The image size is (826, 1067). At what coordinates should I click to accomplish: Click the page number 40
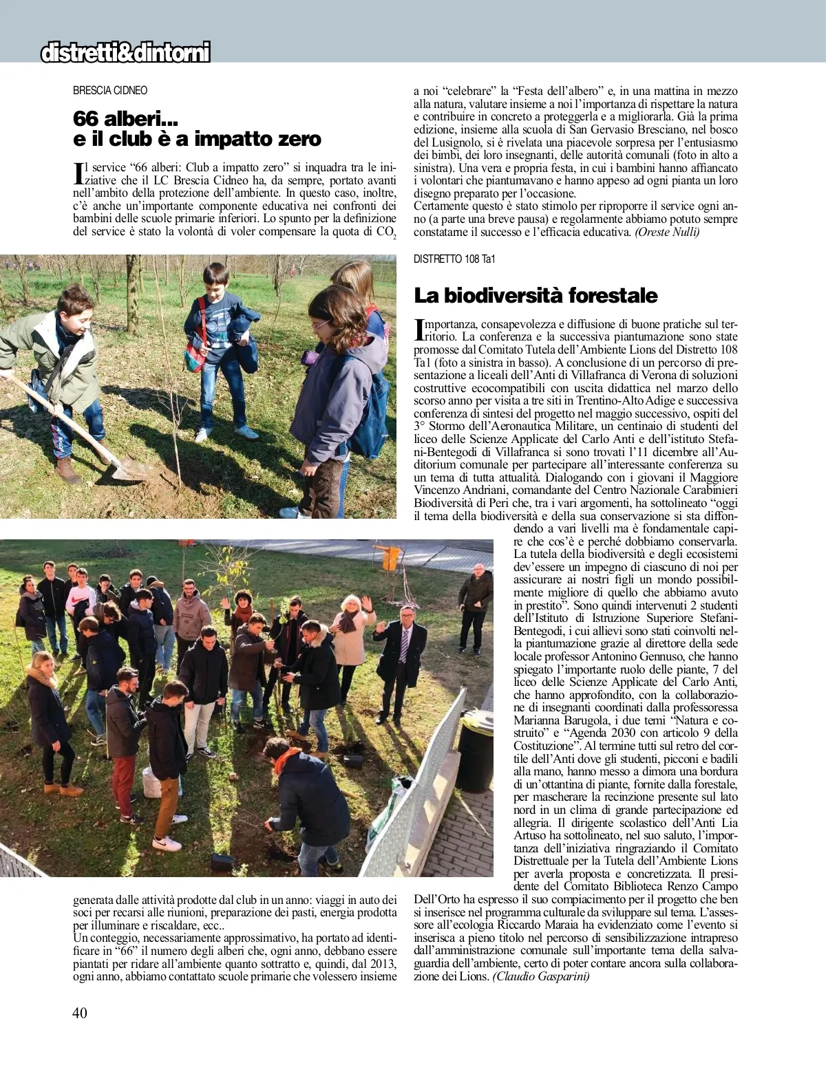80,1013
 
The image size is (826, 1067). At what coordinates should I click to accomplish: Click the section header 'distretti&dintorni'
125,53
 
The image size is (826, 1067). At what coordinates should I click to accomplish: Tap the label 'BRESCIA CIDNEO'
110,90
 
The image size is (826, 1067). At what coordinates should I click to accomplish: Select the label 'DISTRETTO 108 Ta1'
454,259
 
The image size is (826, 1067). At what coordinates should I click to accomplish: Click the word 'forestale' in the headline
614,296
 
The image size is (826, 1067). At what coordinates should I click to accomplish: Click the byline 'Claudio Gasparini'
541,977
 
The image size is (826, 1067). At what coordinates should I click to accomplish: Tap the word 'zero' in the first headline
297,139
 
